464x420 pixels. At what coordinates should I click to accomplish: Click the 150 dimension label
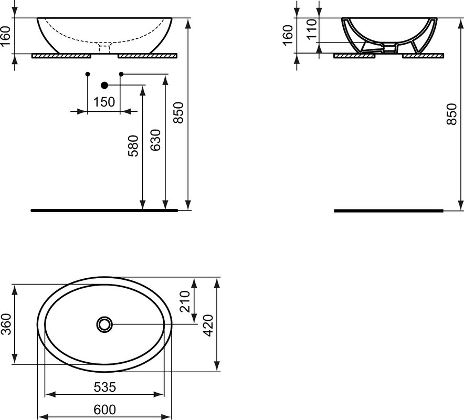(x=104, y=102)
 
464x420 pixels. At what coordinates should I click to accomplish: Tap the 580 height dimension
(x=133, y=145)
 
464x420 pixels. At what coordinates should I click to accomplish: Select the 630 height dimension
(x=155, y=140)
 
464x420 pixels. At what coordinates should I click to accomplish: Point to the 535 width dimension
(x=105, y=387)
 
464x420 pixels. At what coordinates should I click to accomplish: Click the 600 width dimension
(x=105, y=409)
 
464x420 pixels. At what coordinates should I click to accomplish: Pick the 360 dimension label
(x=6, y=324)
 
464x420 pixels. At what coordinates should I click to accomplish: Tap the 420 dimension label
(x=208, y=325)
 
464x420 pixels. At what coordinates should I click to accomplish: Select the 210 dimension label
(x=185, y=301)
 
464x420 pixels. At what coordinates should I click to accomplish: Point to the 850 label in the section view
(x=452, y=114)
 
